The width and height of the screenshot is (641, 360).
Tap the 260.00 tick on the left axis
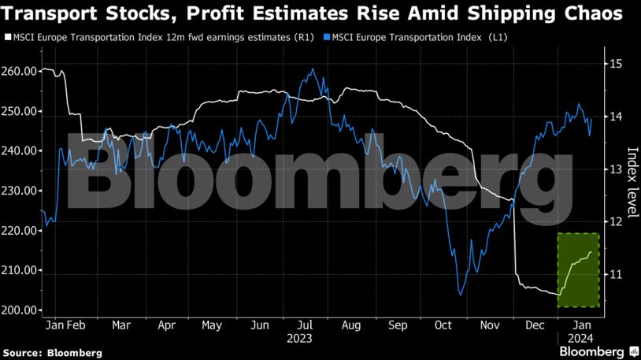(x=20, y=71)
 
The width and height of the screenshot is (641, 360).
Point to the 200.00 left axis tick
(x=20, y=310)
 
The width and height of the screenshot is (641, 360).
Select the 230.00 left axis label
(x=20, y=191)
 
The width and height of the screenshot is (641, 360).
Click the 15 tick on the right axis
(x=617, y=64)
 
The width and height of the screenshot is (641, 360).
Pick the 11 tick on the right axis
(x=617, y=274)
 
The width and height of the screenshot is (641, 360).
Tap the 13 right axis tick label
(x=617, y=169)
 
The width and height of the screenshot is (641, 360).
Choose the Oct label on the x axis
(x=443, y=325)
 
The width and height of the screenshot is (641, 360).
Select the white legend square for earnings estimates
(x=8, y=37)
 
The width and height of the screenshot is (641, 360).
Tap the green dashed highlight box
(x=578, y=269)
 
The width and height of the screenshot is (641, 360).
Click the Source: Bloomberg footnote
(x=52, y=353)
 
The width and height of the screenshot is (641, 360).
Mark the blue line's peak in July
(x=313, y=69)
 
